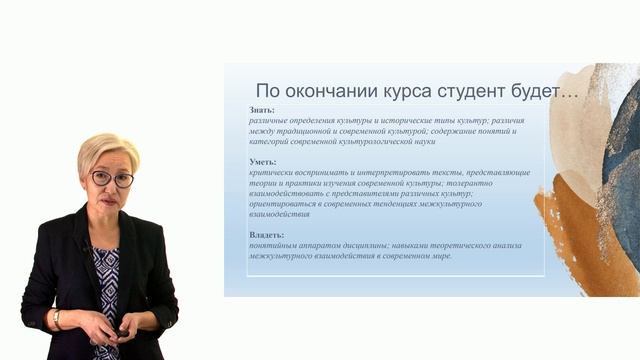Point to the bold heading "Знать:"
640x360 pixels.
click(262, 110)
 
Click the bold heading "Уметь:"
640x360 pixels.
click(263, 162)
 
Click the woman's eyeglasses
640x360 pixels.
click(111, 178)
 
